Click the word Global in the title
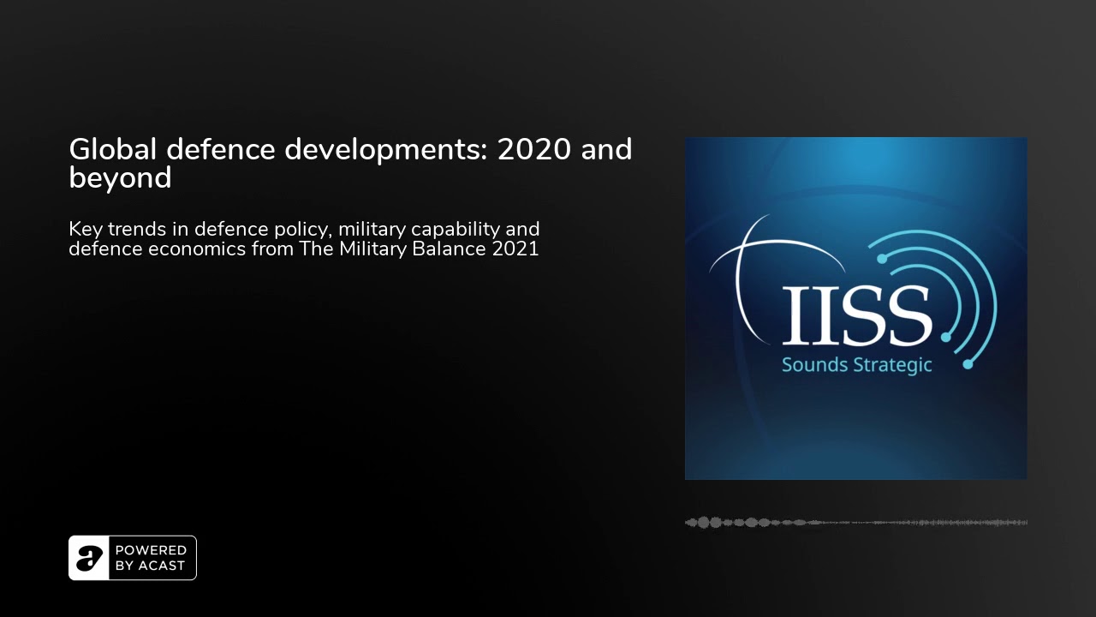(x=113, y=149)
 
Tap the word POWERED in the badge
(x=151, y=550)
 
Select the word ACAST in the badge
(x=161, y=566)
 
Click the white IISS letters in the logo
(x=856, y=314)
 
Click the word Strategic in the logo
(x=892, y=365)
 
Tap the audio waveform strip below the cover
(x=856, y=522)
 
